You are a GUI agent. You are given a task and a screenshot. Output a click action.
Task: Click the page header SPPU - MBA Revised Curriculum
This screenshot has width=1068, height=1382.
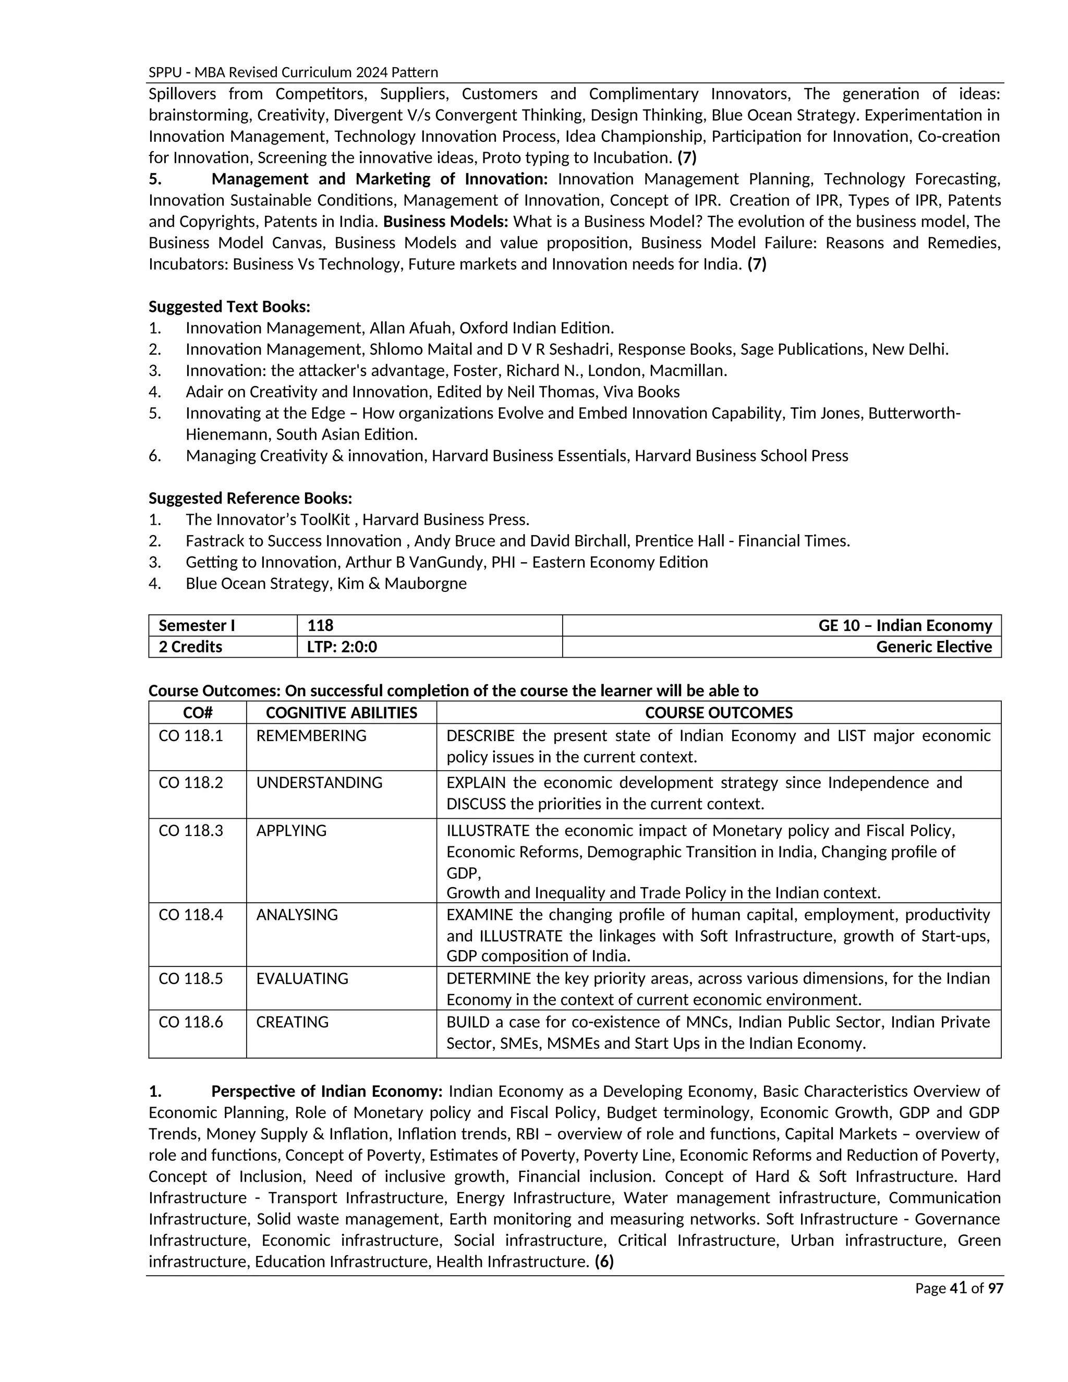pos(293,72)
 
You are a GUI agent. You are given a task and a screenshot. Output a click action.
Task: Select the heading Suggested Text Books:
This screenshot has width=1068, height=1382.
pos(229,307)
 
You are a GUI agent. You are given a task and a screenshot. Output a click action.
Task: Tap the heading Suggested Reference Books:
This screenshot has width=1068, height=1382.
pos(250,498)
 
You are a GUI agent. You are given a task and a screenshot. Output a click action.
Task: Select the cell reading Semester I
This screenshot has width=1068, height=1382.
pos(197,626)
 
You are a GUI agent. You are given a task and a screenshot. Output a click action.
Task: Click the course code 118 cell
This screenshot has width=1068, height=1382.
pos(320,626)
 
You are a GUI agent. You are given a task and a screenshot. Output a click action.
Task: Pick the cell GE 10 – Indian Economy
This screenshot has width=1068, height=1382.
pos(905,626)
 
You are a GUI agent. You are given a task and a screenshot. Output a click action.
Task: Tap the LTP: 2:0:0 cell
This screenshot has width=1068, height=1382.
pos(342,647)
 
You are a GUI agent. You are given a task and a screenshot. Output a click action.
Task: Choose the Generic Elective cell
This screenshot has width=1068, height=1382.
pos(933,647)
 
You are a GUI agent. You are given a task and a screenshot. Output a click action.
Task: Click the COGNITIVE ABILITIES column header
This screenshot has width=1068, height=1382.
pos(341,713)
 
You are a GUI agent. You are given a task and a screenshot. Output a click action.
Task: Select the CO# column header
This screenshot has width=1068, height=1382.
pos(198,713)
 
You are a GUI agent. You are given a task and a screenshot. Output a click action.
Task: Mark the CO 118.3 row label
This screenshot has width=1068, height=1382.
pos(190,830)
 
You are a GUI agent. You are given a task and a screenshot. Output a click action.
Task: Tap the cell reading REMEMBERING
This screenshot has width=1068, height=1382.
pos(311,735)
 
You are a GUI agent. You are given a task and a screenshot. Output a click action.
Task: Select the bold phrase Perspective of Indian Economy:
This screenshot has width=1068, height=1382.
pos(326,1092)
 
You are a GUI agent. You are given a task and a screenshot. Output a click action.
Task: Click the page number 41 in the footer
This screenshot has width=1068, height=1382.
pos(958,1288)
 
